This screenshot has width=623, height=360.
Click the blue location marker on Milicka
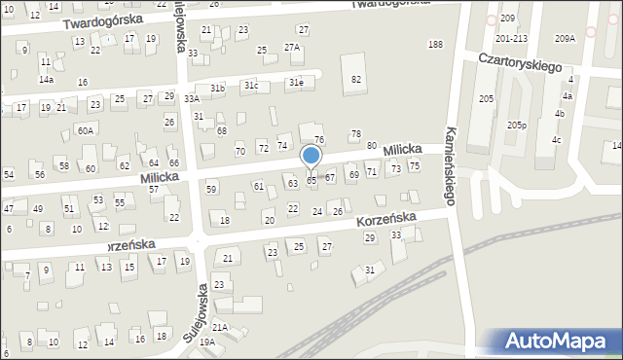(311, 156)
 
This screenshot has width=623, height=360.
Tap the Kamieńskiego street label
(451, 166)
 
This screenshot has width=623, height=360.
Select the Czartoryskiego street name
(521, 60)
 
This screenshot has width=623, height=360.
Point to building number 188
(435, 45)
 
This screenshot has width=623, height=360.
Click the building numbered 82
(356, 79)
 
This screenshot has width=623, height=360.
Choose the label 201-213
(511, 39)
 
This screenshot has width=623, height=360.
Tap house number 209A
(565, 39)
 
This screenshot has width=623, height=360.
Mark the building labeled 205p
(517, 125)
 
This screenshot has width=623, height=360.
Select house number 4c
(556, 139)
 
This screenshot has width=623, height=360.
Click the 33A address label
(192, 98)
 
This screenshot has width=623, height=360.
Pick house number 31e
(294, 84)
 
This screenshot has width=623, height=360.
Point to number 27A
(291, 48)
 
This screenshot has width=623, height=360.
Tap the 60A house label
(86, 130)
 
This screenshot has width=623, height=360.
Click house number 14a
(46, 80)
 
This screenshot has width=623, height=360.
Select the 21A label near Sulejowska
(220, 328)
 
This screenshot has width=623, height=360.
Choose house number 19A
(207, 342)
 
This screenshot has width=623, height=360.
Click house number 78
(355, 134)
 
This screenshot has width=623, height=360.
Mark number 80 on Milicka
(372, 145)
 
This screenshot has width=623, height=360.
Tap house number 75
(414, 166)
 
